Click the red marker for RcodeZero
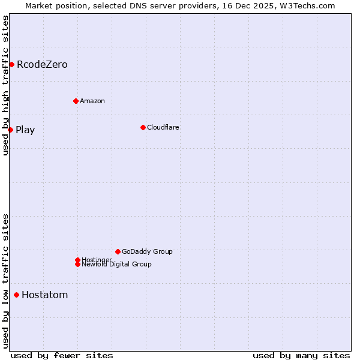coord(11,64)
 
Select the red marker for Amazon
coord(76,101)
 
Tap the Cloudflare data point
coord(143,127)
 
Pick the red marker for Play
coord(10,130)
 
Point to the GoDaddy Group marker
coord(118,251)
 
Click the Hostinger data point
coord(77,260)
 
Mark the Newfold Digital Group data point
coord(77,264)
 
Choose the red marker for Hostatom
coord(16,295)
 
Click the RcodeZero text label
coord(42,64)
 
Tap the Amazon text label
coord(92,101)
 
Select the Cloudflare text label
coord(163,127)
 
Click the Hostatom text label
coord(45,295)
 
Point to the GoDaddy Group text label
coord(147,251)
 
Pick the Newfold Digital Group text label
coord(117,265)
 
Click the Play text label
coord(25,130)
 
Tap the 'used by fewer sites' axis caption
coord(62,355)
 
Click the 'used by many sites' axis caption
coord(301,355)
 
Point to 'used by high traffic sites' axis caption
coord(5,85)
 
